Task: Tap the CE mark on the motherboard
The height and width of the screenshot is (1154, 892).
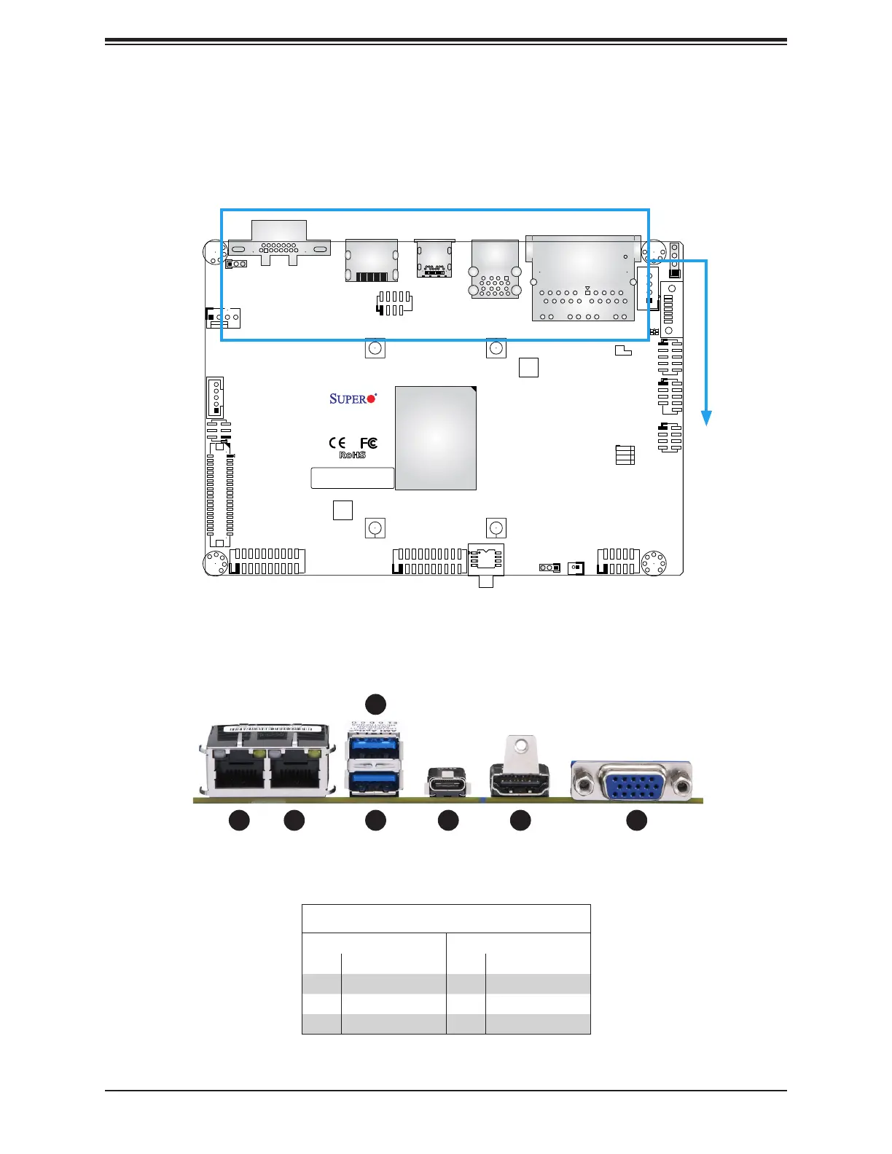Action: (337, 443)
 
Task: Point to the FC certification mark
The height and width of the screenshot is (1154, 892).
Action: (369, 443)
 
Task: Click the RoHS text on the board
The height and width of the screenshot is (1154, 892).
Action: (353, 455)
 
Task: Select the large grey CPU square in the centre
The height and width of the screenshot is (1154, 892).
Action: (435, 438)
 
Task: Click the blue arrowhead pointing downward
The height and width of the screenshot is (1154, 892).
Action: (705, 418)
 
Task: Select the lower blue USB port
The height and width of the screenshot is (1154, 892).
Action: (375, 780)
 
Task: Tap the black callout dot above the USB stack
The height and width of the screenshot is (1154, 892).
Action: (375, 704)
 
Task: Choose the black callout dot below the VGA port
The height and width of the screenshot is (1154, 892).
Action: (637, 820)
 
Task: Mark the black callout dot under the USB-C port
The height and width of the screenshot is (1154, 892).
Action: (448, 820)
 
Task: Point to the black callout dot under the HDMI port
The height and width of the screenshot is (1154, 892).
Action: (520, 820)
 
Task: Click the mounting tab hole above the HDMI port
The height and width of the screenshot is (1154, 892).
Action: (520, 746)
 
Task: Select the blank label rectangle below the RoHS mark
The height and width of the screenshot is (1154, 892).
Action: (353, 478)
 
